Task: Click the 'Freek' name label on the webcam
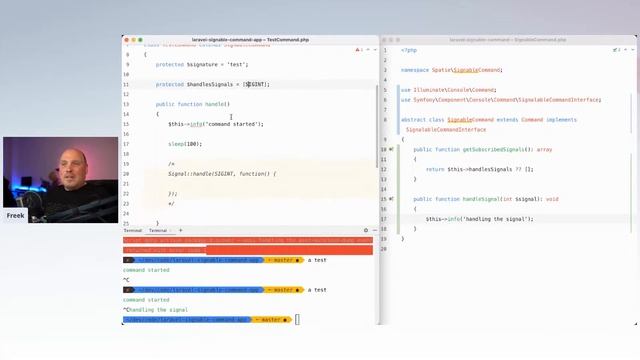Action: coord(15,215)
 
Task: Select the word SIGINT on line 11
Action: coord(256,84)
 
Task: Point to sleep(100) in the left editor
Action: coord(184,144)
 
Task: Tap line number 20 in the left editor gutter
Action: coord(127,174)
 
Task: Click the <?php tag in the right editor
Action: coord(409,50)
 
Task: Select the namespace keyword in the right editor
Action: coord(415,70)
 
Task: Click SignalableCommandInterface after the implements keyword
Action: coord(446,129)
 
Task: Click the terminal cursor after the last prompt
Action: coord(298,320)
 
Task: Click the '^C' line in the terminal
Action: coord(127,280)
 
